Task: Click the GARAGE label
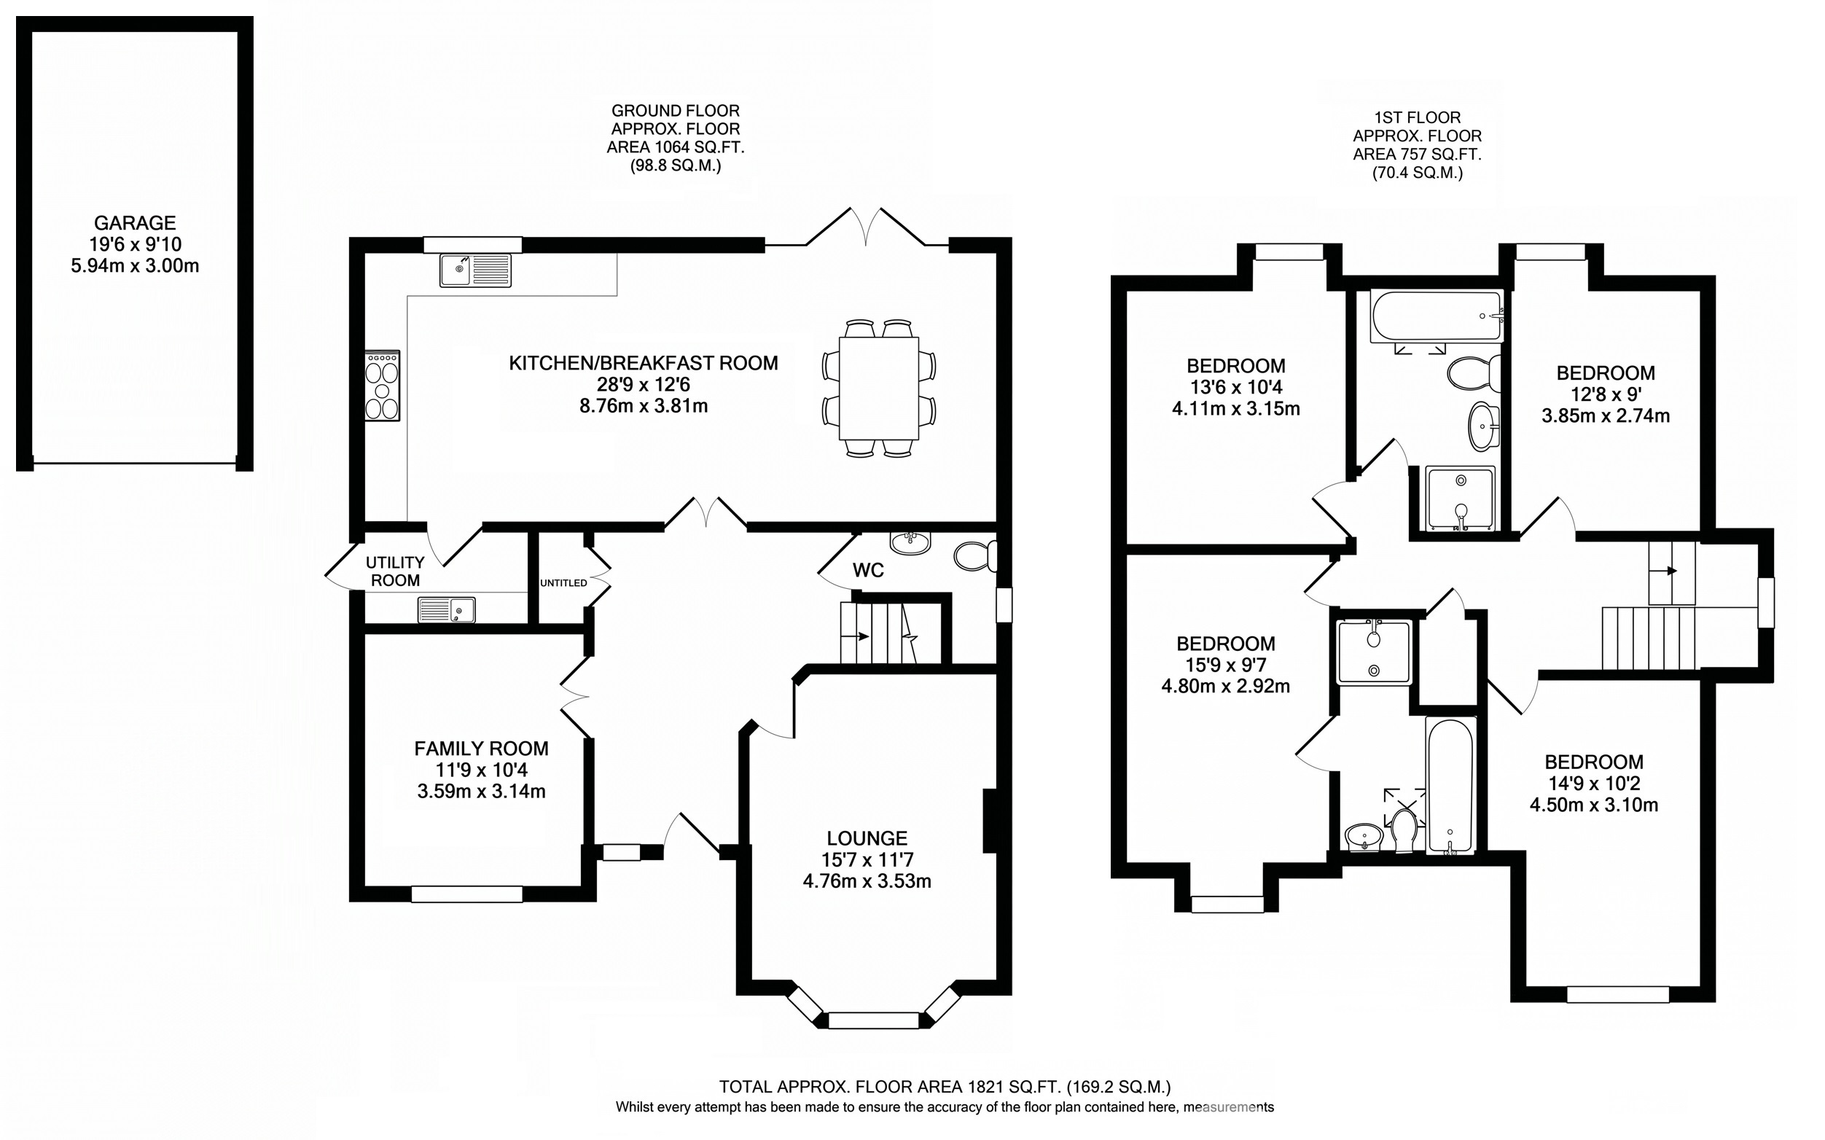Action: point(135,223)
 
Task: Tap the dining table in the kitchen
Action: point(878,389)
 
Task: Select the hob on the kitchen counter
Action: point(382,386)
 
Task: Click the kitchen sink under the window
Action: point(476,270)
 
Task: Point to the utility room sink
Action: point(446,609)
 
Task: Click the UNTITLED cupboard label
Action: point(563,583)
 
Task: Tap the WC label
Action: point(867,571)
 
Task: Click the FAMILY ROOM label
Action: point(481,749)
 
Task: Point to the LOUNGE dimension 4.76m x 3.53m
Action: point(867,881)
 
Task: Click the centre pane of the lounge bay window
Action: point(874,1021)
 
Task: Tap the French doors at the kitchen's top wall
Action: point(866,226)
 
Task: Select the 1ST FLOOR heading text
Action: point(1417,117)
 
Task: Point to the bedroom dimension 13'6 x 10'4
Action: point(1235,388)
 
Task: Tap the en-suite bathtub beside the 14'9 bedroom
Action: point(1450,786)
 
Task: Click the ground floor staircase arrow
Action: point(856,636)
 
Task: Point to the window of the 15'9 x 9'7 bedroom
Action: point(1227,904)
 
